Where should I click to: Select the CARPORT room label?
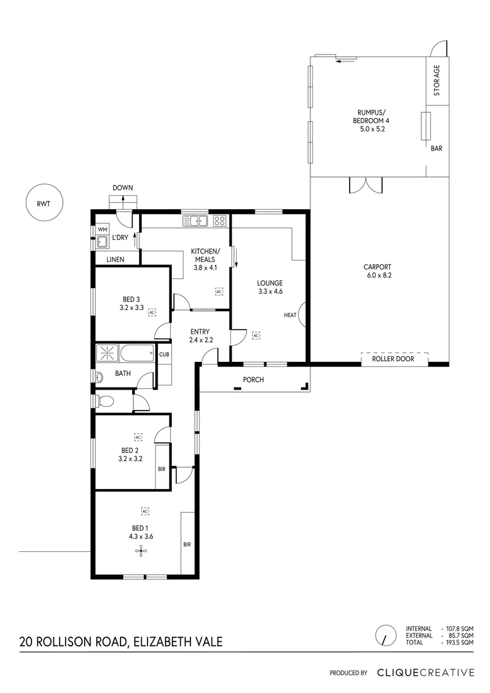tap(377, 271)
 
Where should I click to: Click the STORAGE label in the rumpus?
tap(437, 80)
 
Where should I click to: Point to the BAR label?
tap(436, 148)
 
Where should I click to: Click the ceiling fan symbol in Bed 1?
tap(140, 551)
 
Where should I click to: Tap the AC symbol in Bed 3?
tap(152, 312)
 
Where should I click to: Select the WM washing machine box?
tap(102, 229)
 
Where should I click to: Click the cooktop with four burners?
tap(219, 221)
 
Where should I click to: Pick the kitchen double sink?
tap(196, 221)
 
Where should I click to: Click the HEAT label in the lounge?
tap(290, 315)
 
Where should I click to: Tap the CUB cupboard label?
tap(164, 354)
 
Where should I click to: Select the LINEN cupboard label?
tap(115, 259)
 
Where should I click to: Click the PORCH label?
tap(253, 379)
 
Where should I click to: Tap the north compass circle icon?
tap(385, 635)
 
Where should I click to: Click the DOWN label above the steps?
tap(122, 188)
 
